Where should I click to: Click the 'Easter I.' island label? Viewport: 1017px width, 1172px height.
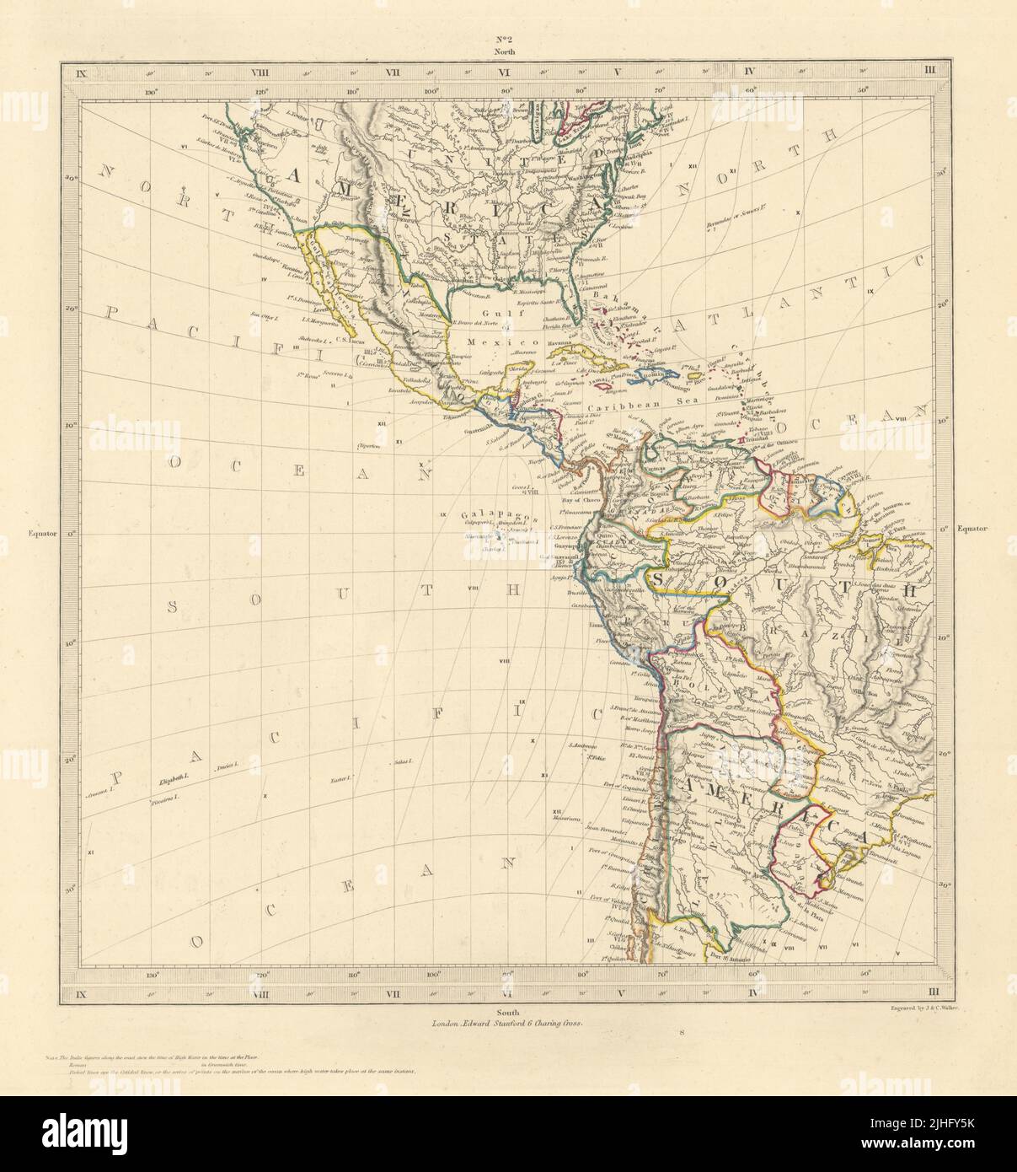point(341,778)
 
